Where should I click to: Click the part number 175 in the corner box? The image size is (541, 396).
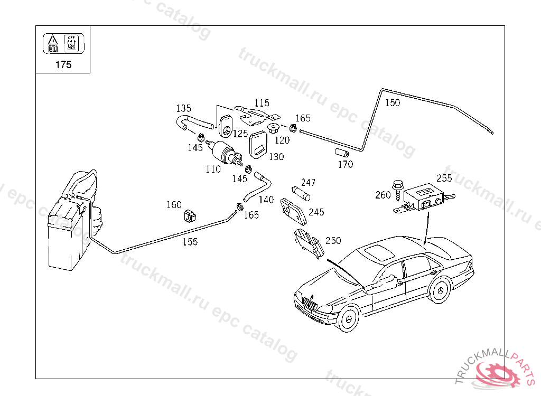63,65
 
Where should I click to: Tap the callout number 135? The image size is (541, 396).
183,108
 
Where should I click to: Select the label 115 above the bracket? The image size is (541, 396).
261,103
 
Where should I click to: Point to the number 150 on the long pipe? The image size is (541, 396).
392,103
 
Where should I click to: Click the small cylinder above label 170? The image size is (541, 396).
341,153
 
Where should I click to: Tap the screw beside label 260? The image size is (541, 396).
397,190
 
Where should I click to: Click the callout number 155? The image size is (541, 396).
190,242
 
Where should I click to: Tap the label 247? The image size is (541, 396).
308,183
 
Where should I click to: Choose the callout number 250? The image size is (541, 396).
333,240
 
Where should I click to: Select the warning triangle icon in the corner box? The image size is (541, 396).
52,40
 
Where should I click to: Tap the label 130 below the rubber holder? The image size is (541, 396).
276,156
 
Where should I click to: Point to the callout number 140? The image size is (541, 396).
266,200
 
